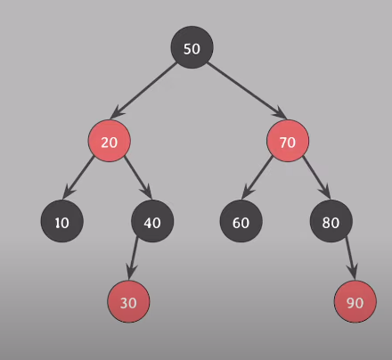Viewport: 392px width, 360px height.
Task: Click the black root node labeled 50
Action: click(192, 47)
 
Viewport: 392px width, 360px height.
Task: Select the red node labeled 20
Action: click(110, 141)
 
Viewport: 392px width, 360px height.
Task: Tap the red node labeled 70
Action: click(288, 141)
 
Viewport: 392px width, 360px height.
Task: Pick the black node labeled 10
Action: click(62, 221)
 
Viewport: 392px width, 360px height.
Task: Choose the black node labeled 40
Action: click(152, 221)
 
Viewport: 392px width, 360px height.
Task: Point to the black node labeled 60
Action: click(241, 221)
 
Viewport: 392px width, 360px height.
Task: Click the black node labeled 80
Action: click(331, 221)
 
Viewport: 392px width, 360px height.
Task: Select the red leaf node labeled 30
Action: click(128, 301)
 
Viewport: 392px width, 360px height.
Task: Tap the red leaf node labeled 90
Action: click(355, 301)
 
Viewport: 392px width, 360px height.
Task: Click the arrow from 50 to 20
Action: click(143, 91)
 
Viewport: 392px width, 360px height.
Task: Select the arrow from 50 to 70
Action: click(247, 91)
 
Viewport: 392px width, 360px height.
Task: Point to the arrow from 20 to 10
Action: click(78, 177)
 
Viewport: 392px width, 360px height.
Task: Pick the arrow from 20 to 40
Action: click(138, 177)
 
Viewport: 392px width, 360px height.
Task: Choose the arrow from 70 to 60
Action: click(257, 177)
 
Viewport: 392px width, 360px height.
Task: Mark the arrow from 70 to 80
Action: click(316, 177)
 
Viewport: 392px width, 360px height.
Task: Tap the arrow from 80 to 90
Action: click(351, 258)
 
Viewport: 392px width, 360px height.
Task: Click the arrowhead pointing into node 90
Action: click(353, 272)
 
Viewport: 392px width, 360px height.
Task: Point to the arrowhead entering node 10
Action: click(69, 192)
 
